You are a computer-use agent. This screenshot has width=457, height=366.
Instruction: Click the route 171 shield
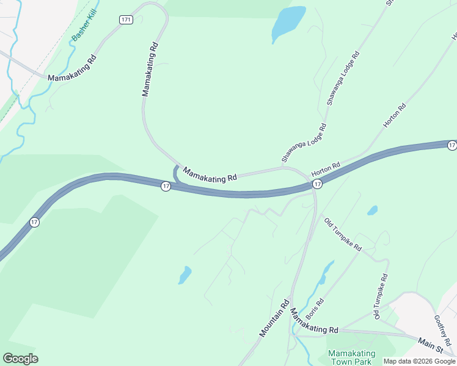pos(126,20)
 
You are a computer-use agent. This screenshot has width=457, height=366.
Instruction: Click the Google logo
pos(20,359)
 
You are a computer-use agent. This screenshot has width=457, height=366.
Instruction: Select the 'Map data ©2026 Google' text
pos(419,361)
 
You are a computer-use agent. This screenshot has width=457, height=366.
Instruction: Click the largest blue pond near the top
pos(288,23)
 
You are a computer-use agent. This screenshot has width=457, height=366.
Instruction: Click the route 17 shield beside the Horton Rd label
pos(317,184)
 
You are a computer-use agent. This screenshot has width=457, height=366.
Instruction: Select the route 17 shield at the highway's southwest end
pos(34,222)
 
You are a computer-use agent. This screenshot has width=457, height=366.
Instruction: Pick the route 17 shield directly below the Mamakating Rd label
pos(166,186)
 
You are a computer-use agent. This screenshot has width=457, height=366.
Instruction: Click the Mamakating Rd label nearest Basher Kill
pos(72,70)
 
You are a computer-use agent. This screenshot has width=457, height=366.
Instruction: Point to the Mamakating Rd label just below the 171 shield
pos(150,70)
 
